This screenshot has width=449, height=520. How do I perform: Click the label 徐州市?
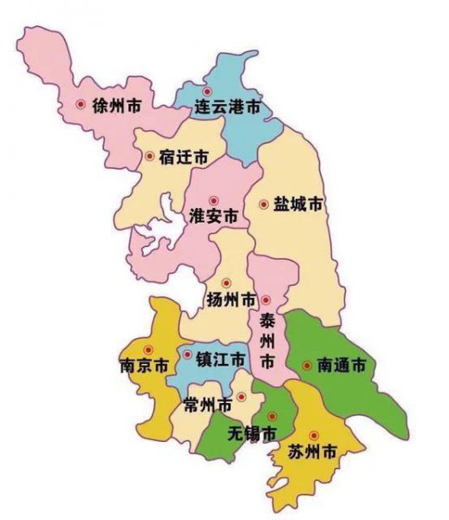tap(120, 105)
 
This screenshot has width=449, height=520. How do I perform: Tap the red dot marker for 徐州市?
tap(81, 105)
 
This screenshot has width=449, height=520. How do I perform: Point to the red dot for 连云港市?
tap(206, 91)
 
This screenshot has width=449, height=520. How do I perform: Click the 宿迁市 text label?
tap(185, 158)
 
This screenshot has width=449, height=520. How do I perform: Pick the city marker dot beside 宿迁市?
tap(149, 157)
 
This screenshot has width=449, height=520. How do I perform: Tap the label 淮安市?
tap(213, 216)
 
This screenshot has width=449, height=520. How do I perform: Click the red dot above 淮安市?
tap(213, 200)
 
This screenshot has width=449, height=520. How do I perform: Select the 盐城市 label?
tap(298, 205)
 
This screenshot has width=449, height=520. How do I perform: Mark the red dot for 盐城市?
tap(264, 205)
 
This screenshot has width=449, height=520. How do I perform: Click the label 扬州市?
tap(231, 300)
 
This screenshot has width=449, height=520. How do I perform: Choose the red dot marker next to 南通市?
tap(306, 366)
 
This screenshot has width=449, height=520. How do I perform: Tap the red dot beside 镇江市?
tap(187, 355)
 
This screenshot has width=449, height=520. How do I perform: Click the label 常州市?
tap(208, 405)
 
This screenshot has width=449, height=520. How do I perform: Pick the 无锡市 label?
tap(251, 432)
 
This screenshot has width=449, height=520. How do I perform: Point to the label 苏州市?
tap(313, 452)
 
